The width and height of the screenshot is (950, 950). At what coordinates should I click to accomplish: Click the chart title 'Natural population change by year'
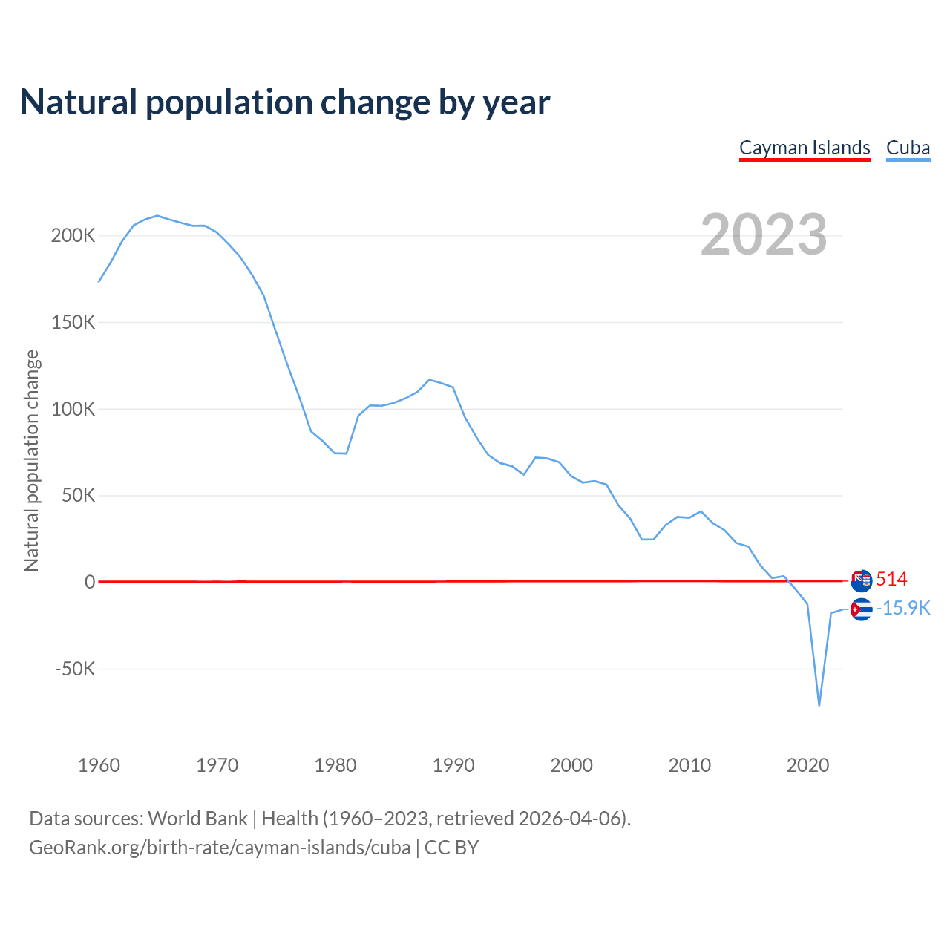[285, 102]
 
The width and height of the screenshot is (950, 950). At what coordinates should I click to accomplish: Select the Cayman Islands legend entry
[805, 148]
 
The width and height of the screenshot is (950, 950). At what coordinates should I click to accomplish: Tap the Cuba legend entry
[908, 148]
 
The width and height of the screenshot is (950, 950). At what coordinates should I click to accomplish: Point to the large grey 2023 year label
[764, 235]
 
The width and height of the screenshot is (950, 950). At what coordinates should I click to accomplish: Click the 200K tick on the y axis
[73, 236]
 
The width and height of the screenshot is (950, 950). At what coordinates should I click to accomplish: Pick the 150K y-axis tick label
[73, 323]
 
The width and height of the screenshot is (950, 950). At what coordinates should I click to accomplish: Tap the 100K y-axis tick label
[73, 409]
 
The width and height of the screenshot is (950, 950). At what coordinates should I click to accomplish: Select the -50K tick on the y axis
[75, 669]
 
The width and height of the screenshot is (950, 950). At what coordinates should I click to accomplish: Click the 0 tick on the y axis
[90, 582]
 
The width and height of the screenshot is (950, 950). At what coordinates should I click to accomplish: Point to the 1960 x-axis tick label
[99, 765]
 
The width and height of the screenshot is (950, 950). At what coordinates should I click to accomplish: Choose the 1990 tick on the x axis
[453, 765]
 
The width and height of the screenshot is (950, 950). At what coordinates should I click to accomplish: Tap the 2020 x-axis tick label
[807, 765]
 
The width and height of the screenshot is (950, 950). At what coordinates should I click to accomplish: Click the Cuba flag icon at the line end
[861, 609]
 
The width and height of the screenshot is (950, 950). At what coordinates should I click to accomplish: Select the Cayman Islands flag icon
[861, 580]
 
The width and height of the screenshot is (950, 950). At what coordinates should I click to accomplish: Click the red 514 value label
[891, 580]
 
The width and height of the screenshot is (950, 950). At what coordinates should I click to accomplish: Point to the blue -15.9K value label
[902, 609]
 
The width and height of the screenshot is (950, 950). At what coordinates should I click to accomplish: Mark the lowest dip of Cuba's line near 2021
[819, 705]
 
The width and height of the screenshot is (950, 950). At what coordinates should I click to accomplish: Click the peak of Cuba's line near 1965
[157, 216]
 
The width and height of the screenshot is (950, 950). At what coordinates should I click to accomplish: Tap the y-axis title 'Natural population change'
[32, 460]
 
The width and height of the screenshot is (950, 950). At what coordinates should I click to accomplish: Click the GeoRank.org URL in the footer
[220, 848]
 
